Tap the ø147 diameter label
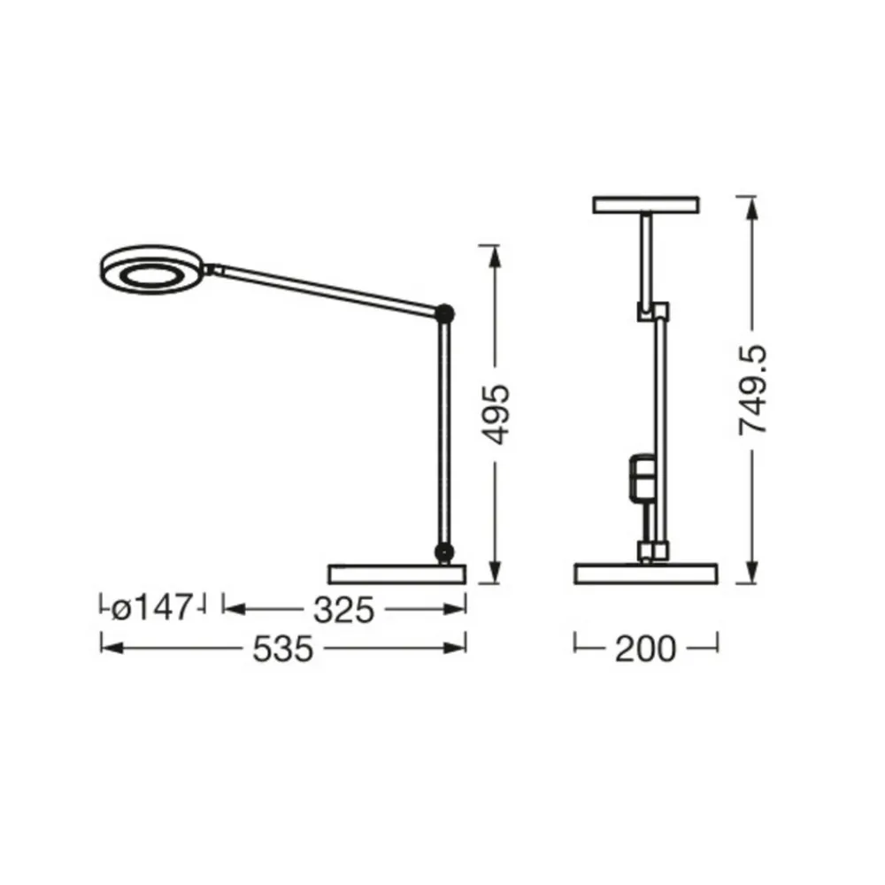coord(151,608)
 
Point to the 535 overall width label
coord(283,649)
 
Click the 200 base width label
coord(646,649)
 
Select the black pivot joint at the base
coord(442,552)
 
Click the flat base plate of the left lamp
coord(396,573)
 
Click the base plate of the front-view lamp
coord(646,573)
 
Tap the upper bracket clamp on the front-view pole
coord(652,312)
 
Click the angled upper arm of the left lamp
coord(327,287)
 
